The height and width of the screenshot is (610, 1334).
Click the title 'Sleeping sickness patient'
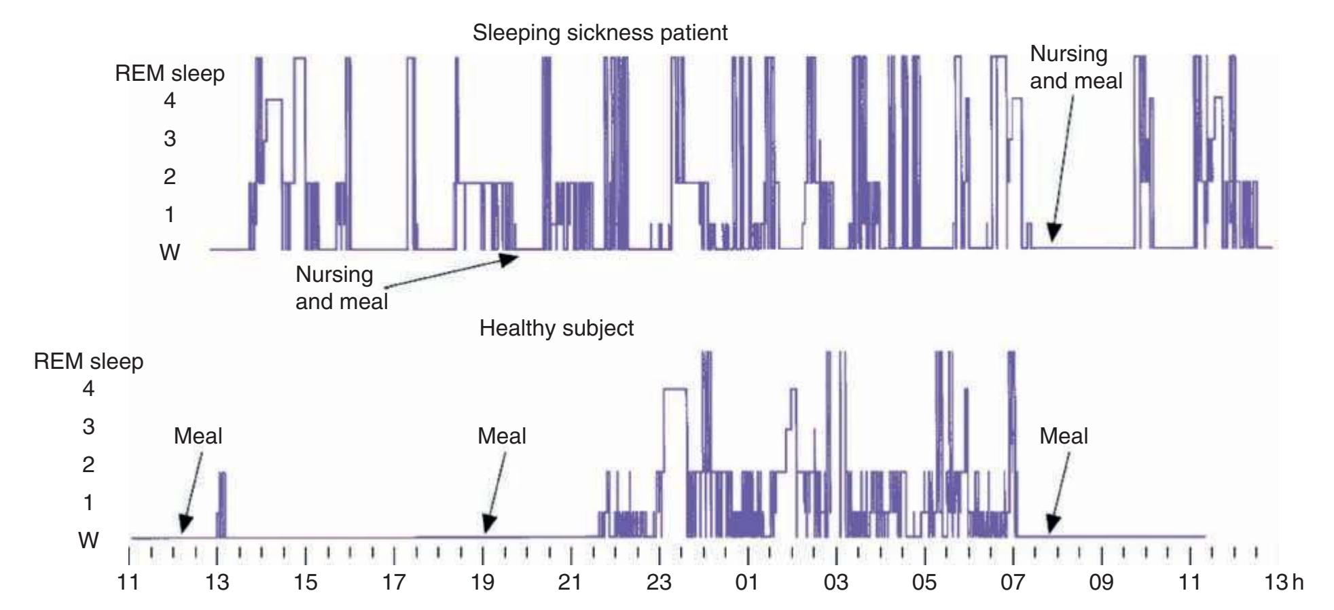click(600, 33)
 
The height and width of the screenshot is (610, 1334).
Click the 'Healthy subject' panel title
click(556, 328)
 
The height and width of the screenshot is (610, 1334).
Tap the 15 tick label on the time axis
click(306, 584)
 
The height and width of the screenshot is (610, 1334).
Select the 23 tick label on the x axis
click(659, 584)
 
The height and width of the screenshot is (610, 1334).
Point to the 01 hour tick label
click(747, 584)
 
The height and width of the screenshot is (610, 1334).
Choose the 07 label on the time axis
click(1013, 584)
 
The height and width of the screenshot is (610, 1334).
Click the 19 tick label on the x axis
click(482, 584)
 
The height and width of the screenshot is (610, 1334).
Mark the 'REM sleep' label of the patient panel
click(170, 73)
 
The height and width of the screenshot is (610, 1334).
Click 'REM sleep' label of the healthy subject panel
click(89, 361)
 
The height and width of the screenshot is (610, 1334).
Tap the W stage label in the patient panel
click(170, 253)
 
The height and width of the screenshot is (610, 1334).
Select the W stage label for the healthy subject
click(89, 541)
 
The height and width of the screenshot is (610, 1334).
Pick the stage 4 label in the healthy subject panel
click(89, 389)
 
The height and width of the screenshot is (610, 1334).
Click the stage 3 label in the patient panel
click(170, 139)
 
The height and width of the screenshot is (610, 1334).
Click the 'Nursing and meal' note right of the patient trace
click(1076, 67)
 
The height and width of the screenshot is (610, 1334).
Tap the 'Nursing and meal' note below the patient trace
click(341, 288)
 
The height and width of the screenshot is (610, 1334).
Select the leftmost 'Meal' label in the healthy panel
click(198, 436)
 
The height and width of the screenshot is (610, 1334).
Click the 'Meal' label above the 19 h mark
click(502, 436)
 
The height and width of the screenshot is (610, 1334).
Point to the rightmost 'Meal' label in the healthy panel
click(1064, 436)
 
